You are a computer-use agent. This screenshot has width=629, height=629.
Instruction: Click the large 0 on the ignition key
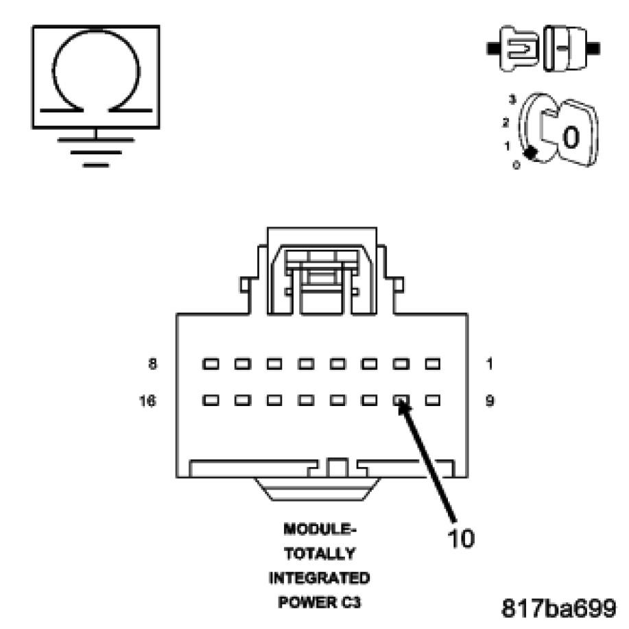pos(571,137)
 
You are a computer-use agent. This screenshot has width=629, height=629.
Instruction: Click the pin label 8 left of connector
pos(152,364)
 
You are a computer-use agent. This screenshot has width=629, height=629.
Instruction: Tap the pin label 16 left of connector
pos(148,401)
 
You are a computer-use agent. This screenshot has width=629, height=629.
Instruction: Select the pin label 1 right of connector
pos(489,364)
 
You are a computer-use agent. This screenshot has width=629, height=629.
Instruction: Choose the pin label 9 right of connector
pos(489,401)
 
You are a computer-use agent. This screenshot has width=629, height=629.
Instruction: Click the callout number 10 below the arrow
pos(460,538)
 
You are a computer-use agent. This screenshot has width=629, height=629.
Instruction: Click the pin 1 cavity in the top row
pos(432,364)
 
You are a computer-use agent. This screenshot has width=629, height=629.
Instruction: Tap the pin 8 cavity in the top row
pos(210,364)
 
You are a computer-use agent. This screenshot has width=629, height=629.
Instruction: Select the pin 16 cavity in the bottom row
pos(210,399)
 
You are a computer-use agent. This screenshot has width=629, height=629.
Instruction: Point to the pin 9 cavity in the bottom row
pos(432,399)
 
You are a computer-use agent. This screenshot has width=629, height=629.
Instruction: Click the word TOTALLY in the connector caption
pos(320,554)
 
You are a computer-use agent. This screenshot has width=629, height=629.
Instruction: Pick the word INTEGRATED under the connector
pos(319,578)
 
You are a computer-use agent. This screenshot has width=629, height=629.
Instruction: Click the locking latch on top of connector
pos(322,271)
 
